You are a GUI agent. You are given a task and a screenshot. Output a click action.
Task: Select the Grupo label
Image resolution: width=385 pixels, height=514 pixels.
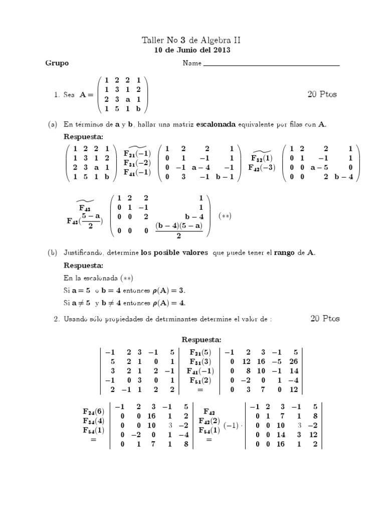pyautogui.click(x=57, y=63)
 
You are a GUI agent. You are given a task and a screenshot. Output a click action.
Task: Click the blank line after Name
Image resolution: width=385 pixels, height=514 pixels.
pyautogui.click(x=271, y=64)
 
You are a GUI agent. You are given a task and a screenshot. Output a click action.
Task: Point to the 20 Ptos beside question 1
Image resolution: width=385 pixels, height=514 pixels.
pyautogui.click(x=322, y=94)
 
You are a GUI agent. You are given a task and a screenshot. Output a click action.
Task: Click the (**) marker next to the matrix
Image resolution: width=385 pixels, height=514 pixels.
pyautogui.click(x=225, y=216)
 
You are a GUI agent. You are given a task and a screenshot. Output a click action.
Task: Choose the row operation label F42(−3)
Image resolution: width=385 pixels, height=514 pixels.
pyautogui.click(x=262, y=168)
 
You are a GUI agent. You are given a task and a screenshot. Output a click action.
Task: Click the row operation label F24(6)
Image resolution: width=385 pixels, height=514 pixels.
pyautogui.click(x=94, y=411)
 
